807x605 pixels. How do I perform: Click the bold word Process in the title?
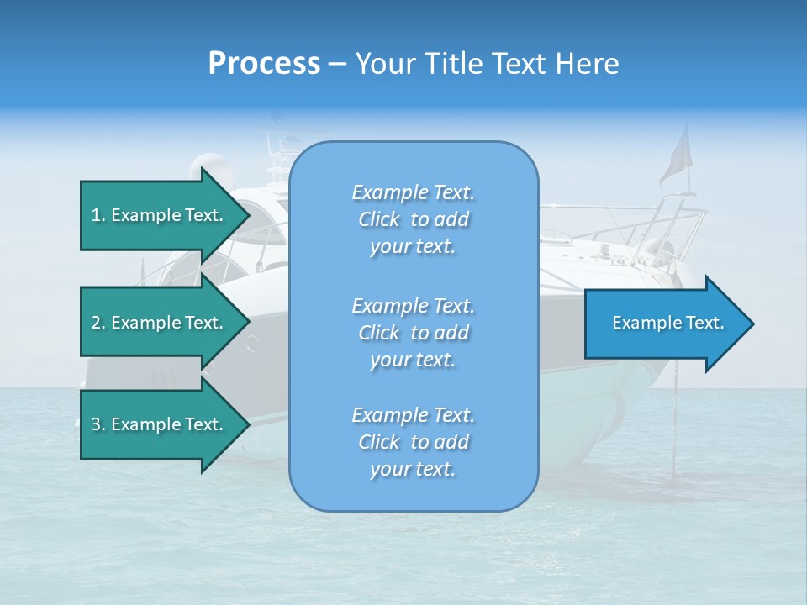pyautogui.click(x=264, y=64)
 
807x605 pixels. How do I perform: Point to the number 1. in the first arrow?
pyautogui.click(x=98, y=215)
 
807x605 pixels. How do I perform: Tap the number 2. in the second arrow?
pyautogui.click(x=98, y=323)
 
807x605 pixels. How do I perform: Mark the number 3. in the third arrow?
pyautogui.click(x=98, y=424)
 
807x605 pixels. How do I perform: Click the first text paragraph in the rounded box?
pyautogui.click(x=413, y=219)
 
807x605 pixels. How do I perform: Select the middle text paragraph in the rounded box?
pyautogui.click(x=413, y=333)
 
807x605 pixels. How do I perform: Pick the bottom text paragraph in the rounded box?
pyautogui.click(x=413, y=442)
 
